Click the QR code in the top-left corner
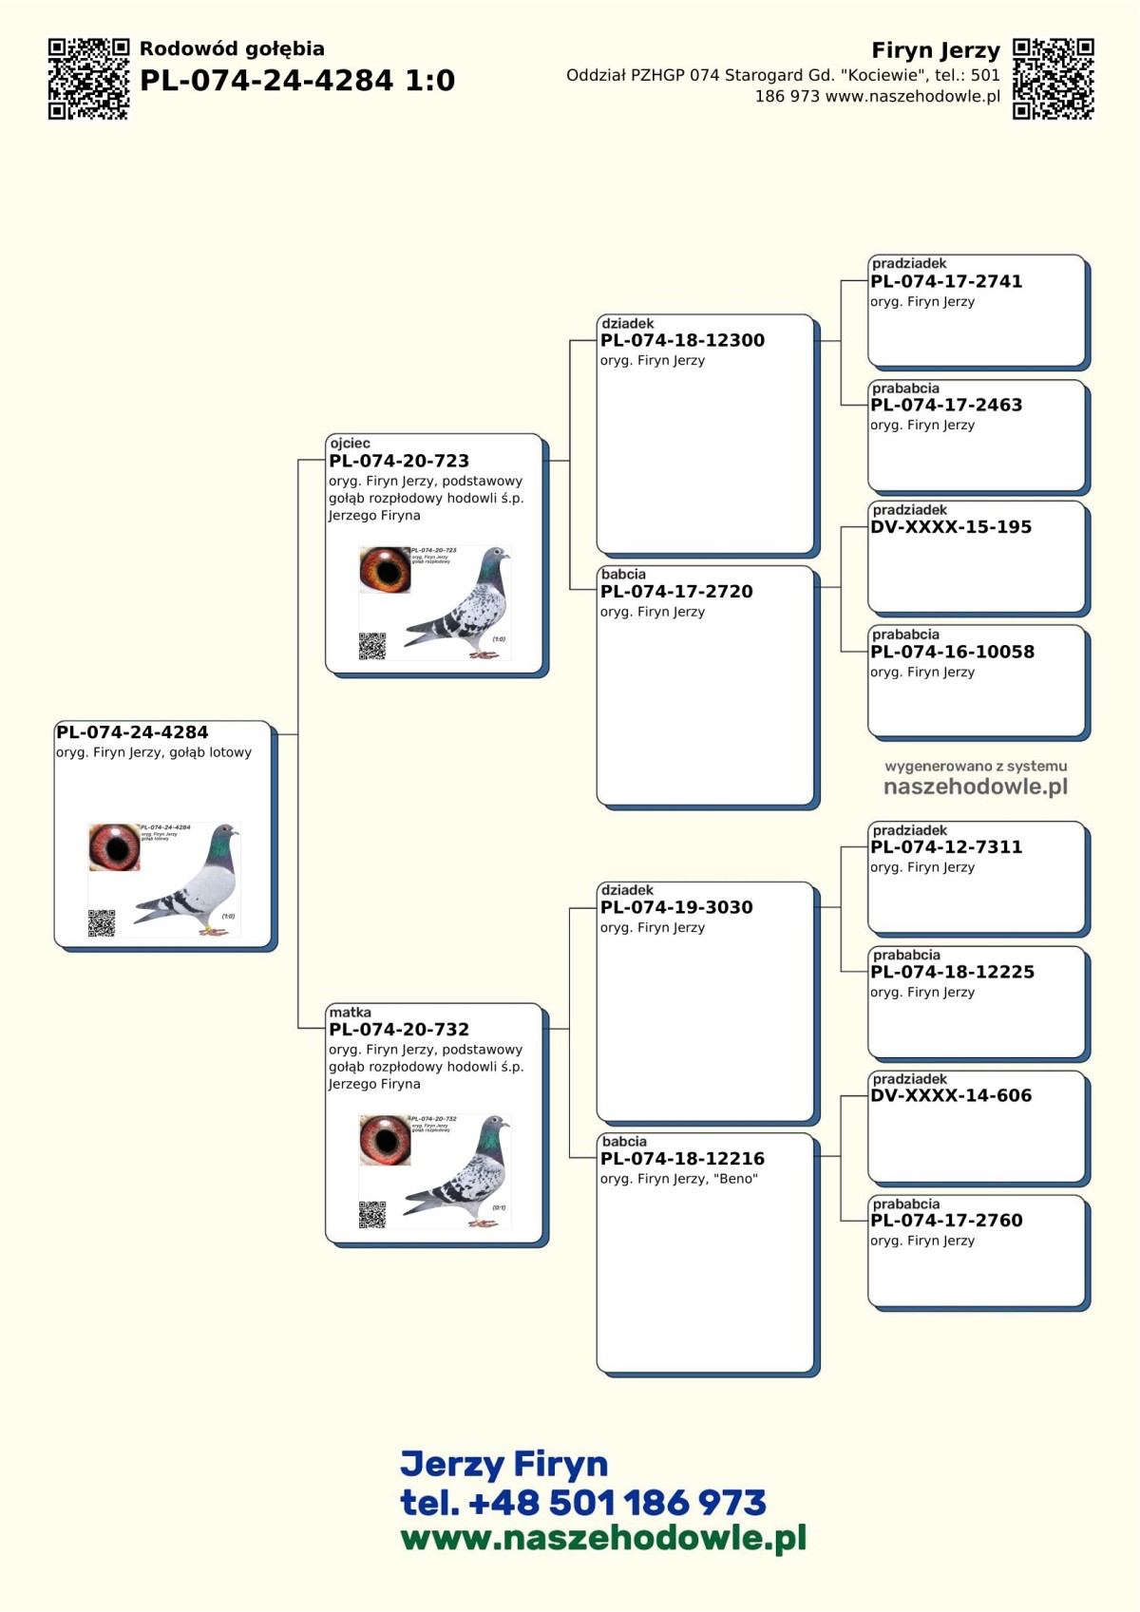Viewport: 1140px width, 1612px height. (x=88, y=79)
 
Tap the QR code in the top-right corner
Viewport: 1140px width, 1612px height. (x=1053, y=79)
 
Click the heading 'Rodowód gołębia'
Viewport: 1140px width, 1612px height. (x=232, y=48)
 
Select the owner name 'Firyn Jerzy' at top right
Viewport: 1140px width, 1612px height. (x=936, y=50)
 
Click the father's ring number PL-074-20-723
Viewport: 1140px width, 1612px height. (x=399, y=461)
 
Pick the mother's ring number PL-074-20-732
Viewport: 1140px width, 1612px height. (x=399, y=1029)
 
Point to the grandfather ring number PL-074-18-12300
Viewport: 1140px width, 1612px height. (x=682, y=340)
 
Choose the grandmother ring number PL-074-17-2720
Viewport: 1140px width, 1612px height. (x=676, y=591)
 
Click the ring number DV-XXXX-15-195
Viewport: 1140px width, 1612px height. (x=951, y=526)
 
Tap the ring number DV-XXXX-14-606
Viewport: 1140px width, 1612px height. (x=951, y=1095)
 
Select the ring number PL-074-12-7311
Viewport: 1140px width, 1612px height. (x=946, y=846)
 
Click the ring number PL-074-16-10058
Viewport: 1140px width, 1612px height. (x=952, y=652)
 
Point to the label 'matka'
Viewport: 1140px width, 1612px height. (x=351, y=1013)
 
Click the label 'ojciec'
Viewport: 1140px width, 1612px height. (x=351, y=444)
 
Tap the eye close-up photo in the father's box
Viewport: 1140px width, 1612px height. (x=385, y=569)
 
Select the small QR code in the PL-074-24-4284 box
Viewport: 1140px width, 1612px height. (x=102, y=922)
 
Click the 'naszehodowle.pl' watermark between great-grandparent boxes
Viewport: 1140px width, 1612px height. (x=976, y=787)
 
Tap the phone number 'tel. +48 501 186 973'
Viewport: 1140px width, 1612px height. (x=583, y=1503)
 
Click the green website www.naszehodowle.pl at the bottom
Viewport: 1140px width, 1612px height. (x=603, y=1538)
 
